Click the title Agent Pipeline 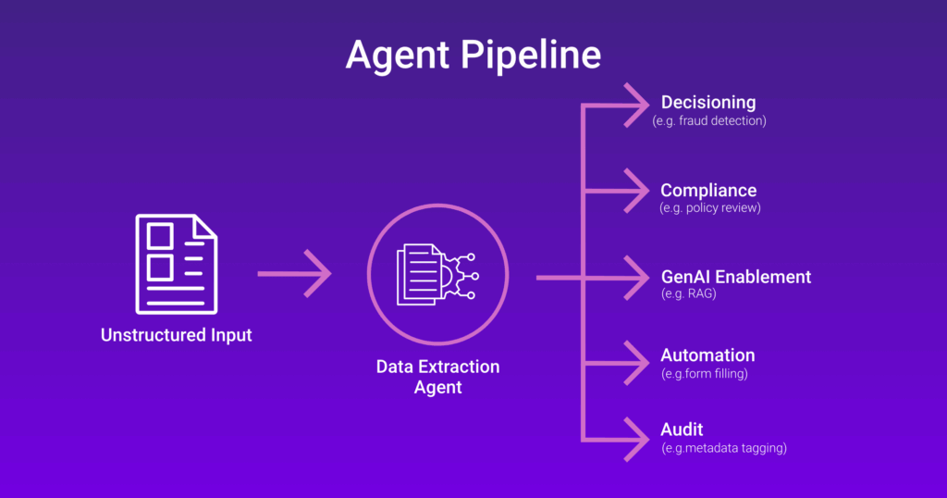point(473,55)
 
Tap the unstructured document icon point(176,263)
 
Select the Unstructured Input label point(176,335)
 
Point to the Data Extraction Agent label point(437,377)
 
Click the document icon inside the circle point(421,274)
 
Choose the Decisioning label point(707,103)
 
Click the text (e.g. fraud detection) point(709,120)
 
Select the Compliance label point(707,191)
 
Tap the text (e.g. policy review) point(709,208)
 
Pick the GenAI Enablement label point(735,277)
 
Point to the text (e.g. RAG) point(690,294)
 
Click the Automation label point(707,355)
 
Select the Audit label point(682,430)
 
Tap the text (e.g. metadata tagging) point(724,448)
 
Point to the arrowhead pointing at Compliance point(638,192)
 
